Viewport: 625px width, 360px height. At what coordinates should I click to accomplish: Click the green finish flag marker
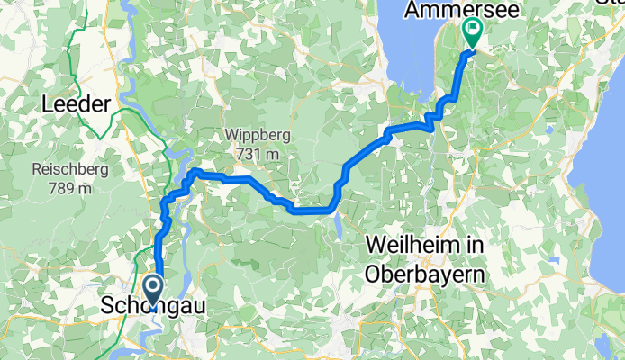(x=473, y=32)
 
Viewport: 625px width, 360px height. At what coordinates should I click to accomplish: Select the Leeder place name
(x=76, y=104)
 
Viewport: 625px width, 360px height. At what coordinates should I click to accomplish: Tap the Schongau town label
(x=155, y=307)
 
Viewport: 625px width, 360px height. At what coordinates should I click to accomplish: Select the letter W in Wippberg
(x=231, y=135)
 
